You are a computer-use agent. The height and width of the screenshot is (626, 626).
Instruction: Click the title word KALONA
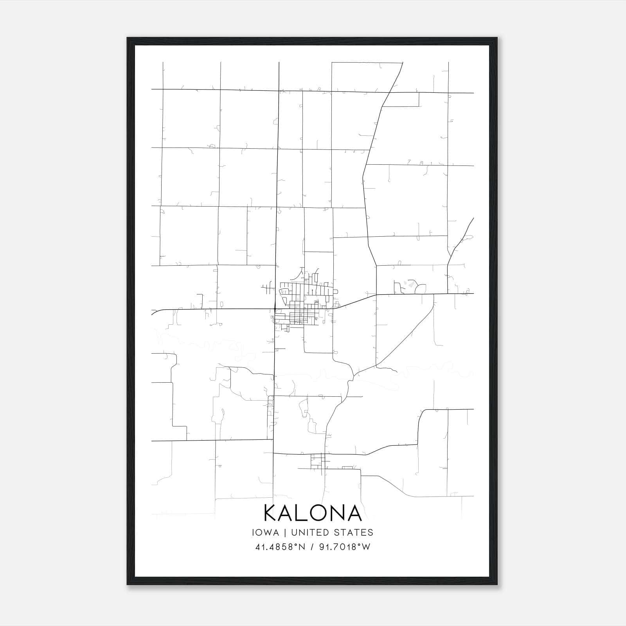[x=313, y=513]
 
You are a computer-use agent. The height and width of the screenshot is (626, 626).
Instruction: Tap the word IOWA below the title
[x=266, y=532]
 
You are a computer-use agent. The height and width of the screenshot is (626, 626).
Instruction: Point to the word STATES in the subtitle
[x=355, y=532]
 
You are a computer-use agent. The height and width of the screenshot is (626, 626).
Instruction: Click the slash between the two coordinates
[x=312, y=547]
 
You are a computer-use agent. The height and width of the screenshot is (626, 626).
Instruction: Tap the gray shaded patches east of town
[x=409, y=284]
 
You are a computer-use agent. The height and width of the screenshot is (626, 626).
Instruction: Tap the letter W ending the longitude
[x=366, y=547]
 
